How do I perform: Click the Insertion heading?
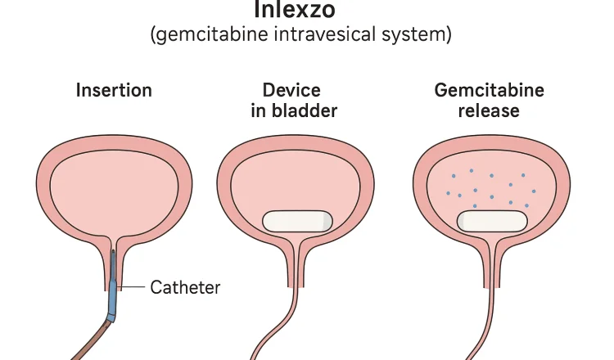point(114,89)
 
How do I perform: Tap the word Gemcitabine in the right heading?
point(489,89)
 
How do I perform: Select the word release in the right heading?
point(489,110)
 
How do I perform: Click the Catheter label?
point(186,287)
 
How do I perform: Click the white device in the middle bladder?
point(295,221)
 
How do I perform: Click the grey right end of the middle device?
point(327,221)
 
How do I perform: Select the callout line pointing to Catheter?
point(132,287)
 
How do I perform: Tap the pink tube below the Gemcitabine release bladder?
point(483,327)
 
